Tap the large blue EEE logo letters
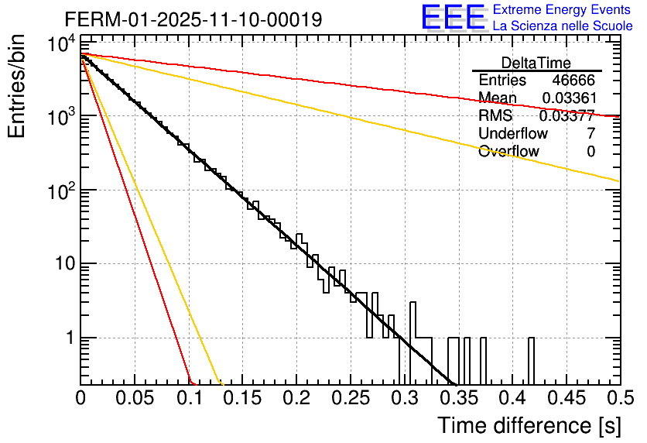(452, 18)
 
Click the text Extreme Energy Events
(562, 9)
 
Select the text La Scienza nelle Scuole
(563, 26)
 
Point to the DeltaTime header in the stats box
(536, 63)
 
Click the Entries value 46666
(573, 81)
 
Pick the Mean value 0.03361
(568, 98)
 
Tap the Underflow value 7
(591, 134)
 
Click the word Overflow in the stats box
(508, 152)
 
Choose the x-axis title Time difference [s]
(527, 425)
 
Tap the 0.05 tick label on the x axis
(135, 398)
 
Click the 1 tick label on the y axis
(67, 338)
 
